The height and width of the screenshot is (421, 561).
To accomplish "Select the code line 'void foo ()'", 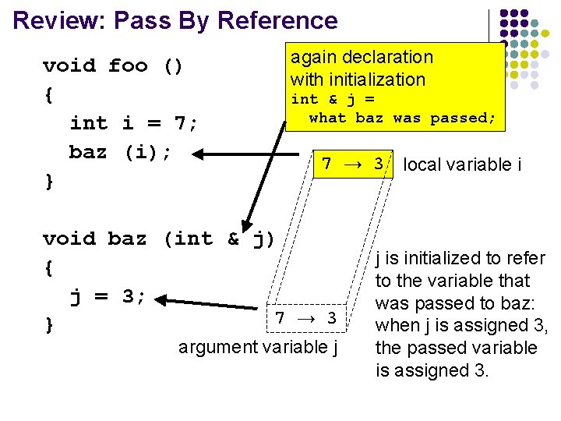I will click(113, 65).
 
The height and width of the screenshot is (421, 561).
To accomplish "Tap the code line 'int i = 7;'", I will click(134, 123).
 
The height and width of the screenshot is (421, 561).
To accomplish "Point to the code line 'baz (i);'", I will click(119, 152).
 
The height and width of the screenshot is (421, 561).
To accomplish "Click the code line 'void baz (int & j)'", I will click(159, 239).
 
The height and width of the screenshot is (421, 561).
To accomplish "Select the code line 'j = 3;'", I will click(108, 296).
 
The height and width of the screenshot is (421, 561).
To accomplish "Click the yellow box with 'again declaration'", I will click(397, 86).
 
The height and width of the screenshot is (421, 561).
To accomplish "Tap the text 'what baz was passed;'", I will click(402, 118).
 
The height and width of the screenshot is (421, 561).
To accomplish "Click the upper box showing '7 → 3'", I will click(353, 165).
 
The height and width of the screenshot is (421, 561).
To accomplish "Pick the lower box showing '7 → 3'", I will click(306, 318).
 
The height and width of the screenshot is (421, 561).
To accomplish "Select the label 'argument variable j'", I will click(258, 347).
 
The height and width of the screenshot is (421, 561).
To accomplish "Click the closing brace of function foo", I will click(49, 181).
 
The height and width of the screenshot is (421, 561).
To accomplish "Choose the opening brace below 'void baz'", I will click(49, 267).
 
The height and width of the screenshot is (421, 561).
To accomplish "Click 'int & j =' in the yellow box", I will click(333, 99).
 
